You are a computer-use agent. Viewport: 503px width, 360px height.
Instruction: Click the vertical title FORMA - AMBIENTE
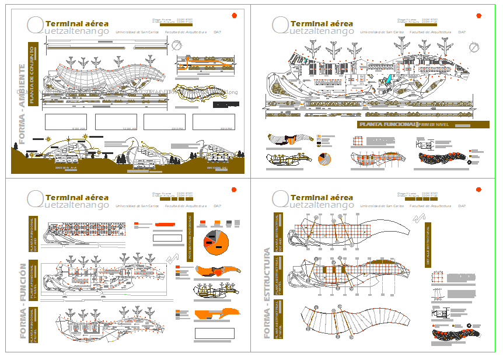(22, 104)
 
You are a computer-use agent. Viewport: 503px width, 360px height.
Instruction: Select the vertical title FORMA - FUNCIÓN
(22, 301)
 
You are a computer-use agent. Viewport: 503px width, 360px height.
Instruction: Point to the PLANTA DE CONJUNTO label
(33, 75)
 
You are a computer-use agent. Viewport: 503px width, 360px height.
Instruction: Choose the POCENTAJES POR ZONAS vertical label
(190, 237)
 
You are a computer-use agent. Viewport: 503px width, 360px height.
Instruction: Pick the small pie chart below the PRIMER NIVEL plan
(325, 159)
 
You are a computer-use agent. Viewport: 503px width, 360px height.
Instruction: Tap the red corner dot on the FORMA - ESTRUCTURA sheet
(478, 190)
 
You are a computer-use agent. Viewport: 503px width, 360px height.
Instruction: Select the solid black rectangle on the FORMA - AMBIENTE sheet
(226, 104)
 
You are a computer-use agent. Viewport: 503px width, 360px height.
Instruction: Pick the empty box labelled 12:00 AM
(116, 121)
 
